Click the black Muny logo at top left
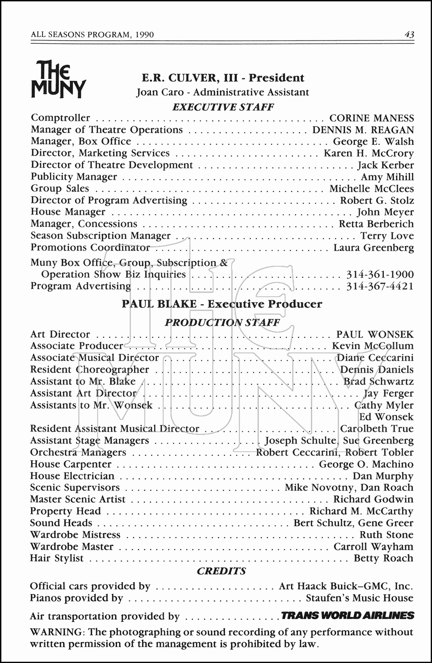(x=58, y=79)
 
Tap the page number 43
(x=409, y=34)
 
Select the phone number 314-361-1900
(x=380, y=274)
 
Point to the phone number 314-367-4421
(x=380, y=286)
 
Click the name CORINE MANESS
(x=371, y=118)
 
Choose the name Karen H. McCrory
(x=369, y=153)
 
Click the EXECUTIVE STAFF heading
(x=223, y=107)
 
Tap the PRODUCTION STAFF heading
(x=222, y=323)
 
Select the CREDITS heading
(x=221, y=571)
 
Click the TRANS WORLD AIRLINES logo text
(x=348, y=616)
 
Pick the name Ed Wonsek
(x=386, y=417)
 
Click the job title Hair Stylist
(x=57, y=558)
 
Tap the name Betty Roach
(x=383, y=558)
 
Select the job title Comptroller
(x=60, y=118)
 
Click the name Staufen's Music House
(x=359, y=598)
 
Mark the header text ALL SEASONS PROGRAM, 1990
(x=92, y=34)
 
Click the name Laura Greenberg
(x=374, y=248)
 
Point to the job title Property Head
(x=65, y=511)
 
